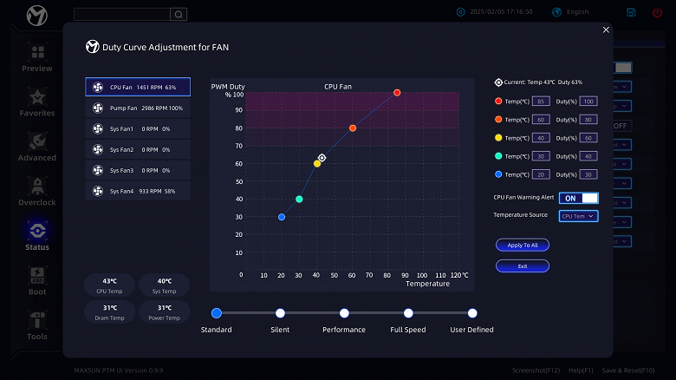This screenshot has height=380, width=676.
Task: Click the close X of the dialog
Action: click(606, 30)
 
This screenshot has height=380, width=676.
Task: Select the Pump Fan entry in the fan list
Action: click(138, 108)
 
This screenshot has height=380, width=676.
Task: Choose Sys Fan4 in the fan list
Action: click(138, 191)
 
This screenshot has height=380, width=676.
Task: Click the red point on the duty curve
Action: click(397, 93)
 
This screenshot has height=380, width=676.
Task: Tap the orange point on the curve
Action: click(353, 128)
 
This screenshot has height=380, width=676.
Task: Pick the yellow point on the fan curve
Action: click(317, 163)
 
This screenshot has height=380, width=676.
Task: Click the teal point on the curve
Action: click(299, 200)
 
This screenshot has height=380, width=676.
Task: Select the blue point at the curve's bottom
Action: click(282, 217)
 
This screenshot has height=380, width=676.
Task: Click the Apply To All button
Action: click(523, 246)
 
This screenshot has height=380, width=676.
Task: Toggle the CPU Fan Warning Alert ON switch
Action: click(578, 198)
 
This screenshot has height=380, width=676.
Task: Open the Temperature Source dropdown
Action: click(578, 216)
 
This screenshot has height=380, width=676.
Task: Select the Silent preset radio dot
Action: click(280, 313)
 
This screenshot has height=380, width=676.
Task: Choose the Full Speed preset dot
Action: click(408, 313)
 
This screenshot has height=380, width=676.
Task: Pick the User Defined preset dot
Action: click(472, 313)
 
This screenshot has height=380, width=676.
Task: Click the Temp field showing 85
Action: click(541, 102)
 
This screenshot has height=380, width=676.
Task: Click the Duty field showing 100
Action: click(588, 102)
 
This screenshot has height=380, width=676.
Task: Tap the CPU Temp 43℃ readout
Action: click(110, 285)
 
